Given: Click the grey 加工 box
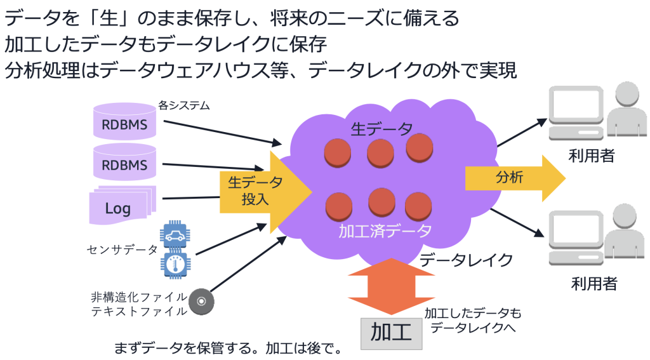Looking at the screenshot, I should click(x=391, y=332).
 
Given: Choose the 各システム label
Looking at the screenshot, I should click(x=183, y=105).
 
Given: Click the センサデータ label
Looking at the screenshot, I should click(x=122, y=250).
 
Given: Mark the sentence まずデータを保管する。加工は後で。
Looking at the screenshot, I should click(x=228, y=349).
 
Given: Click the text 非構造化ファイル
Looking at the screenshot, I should click(x=139, y=297).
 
